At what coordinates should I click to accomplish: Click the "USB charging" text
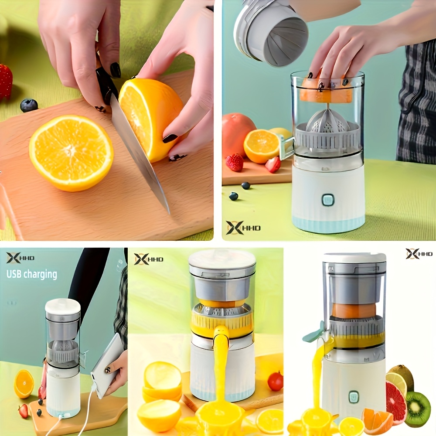(x=32, y=274)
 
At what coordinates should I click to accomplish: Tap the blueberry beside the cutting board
(x=29, y=106)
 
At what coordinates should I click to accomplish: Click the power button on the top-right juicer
(x=328, y=200)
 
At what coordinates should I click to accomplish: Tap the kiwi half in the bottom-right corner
(x=417, y=409)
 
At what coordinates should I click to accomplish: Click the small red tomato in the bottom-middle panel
(x=275, y=381)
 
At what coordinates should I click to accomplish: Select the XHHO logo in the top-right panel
(x=243, y=228)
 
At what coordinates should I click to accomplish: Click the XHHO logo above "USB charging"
(x=20, y=258)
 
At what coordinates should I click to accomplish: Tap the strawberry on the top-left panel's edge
(x=5, y=82)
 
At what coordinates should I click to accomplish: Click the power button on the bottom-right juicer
(x=354, y=397)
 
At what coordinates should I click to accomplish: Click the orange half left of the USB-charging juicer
(x=24, y=384)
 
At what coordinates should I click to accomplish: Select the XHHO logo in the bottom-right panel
(x=419, y=254)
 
